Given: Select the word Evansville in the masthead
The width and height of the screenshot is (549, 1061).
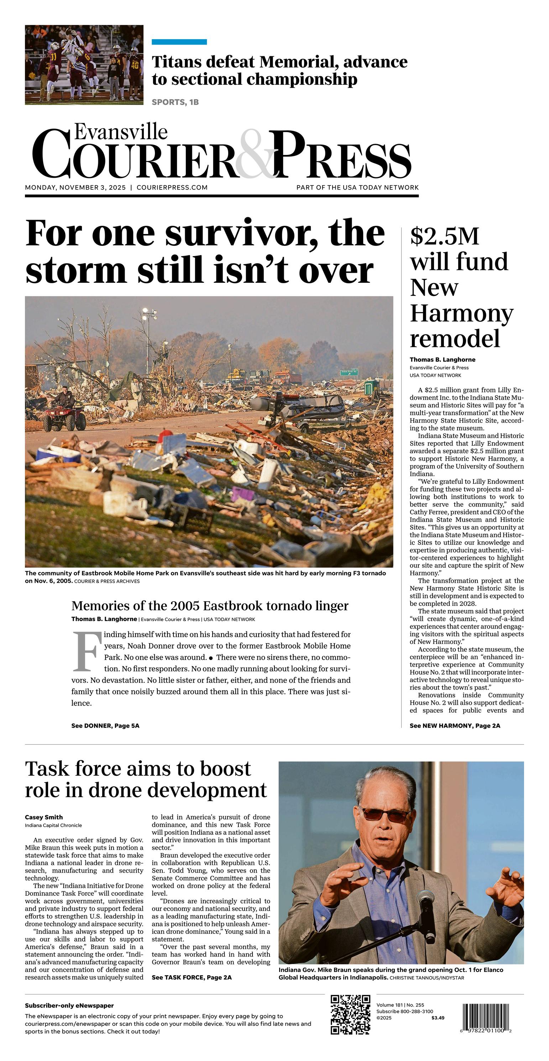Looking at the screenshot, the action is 121,132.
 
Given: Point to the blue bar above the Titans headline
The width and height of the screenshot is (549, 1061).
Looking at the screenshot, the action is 179,42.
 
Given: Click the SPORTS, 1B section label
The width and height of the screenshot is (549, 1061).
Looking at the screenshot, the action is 175,102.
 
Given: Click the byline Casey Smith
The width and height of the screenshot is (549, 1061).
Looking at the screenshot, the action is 44,817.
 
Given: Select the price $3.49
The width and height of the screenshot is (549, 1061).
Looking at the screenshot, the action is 438,1018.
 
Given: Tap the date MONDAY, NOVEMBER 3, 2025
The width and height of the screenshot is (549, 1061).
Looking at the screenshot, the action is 75,187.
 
